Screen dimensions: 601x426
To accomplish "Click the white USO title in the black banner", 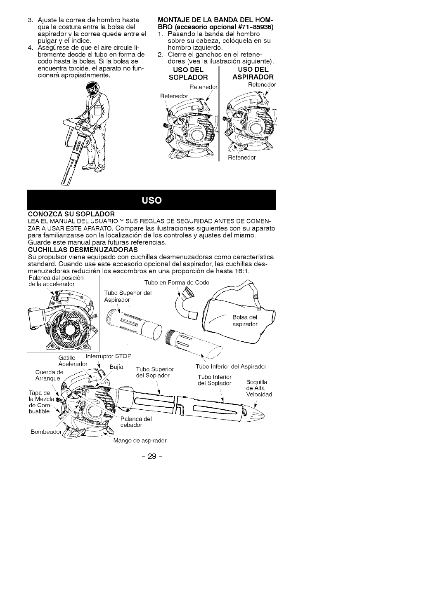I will point(151,200).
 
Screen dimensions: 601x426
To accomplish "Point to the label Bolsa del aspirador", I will point(245,320).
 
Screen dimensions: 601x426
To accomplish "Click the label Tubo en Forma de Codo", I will point(176,282).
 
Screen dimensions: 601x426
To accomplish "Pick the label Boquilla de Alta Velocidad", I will point(259,388).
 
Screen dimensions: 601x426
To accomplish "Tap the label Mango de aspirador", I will point(140,440).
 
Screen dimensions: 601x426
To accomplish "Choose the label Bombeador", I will point(46,432).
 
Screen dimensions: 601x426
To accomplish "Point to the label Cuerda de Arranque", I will point(49,376).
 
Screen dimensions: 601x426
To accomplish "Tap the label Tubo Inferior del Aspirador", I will point(231,366).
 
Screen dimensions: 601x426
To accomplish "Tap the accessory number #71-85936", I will point(255,27).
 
